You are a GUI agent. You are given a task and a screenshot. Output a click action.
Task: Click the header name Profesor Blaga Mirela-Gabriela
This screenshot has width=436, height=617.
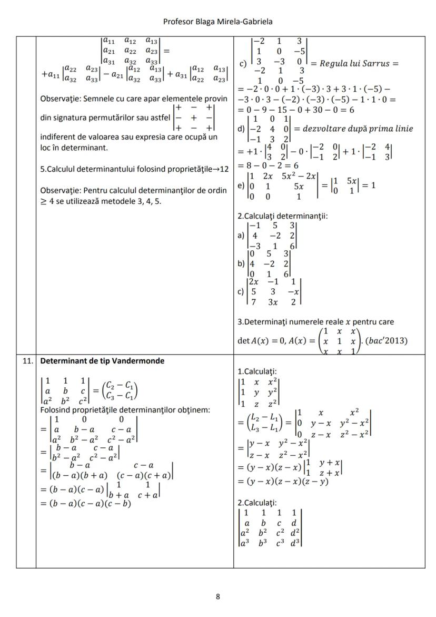(x=217, y=22)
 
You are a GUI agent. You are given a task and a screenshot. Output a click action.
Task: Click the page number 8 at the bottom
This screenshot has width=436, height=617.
(x=218, y=596)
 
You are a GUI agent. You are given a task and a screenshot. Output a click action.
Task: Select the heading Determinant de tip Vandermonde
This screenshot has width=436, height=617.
(x=102, y=361)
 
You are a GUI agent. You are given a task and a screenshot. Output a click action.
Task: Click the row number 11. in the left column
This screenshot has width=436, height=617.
(x=26, y=361)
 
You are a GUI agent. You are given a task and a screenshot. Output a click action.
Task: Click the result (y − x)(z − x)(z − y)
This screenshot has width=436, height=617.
(x=283, y=481)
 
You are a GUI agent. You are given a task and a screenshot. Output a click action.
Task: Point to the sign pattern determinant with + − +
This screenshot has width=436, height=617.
(x=194, y=117)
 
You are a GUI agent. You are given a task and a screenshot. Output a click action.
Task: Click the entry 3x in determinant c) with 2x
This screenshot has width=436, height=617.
(x=273, y=302)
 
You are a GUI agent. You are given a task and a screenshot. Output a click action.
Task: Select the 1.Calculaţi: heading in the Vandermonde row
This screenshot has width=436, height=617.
(x=256, y=371)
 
